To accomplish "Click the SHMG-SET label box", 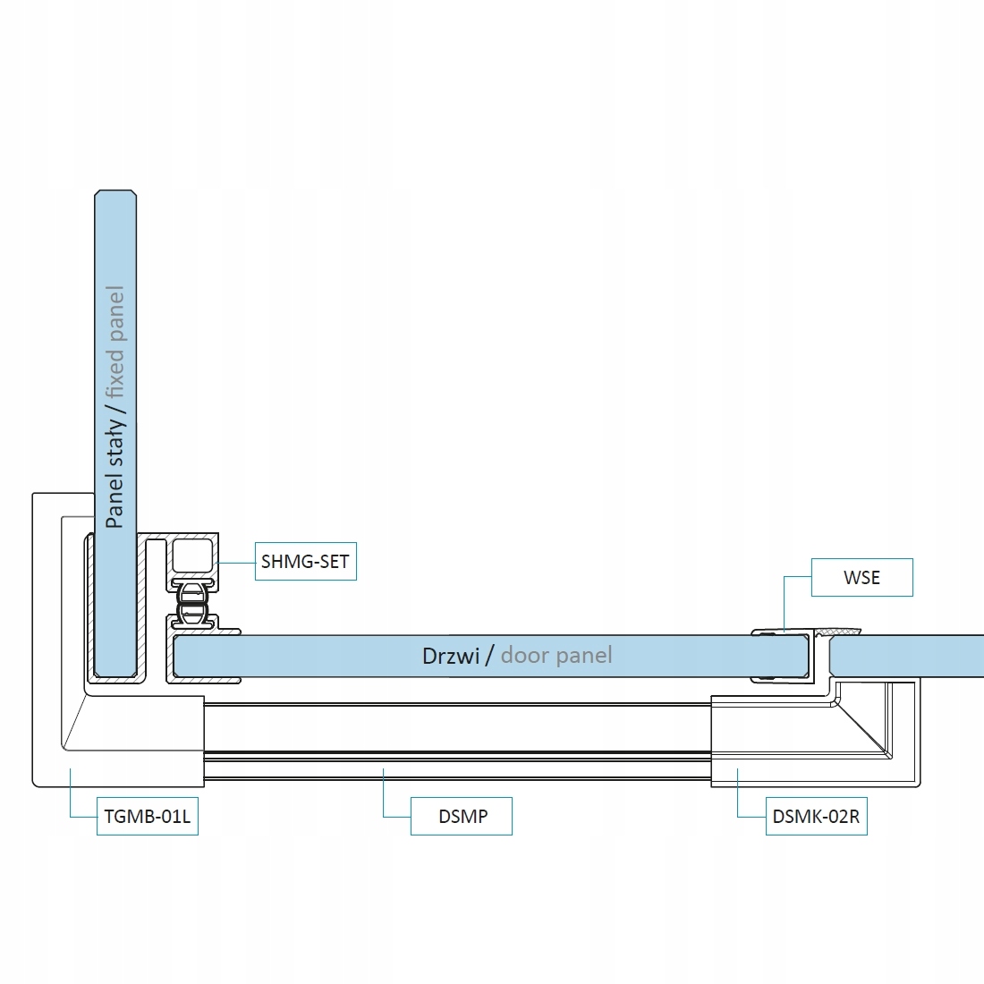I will [x=305, y=562].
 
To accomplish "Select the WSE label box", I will [x=861, y=578].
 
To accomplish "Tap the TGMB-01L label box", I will [x=148, y=816].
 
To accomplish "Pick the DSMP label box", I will [x=462, y=816].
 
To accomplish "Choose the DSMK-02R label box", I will [x=816, y=816].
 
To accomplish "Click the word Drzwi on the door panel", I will [x=451, y=656].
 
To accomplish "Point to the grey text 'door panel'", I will [x=556, y=656].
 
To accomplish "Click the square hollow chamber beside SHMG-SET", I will [x=192, y=556].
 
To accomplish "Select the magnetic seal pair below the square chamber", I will [x=192, y=603].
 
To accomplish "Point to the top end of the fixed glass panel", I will [x=115, y=195].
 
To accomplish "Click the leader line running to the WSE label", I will [x=785, y=599].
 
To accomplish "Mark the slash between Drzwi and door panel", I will [x=489, y=656].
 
